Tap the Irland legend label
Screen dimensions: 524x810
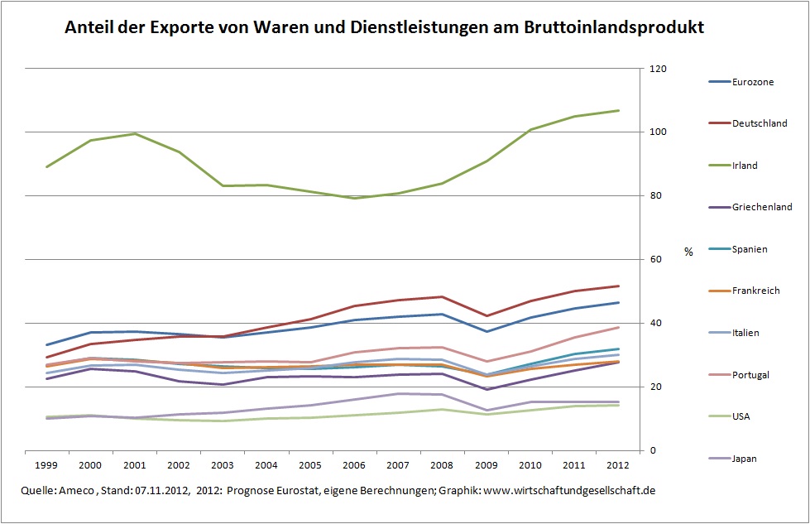point(745,166)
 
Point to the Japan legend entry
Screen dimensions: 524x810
point(745,458)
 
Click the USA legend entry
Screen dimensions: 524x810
point(741,416)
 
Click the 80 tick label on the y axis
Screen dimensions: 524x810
point(656,196)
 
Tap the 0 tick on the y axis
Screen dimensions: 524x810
point(653,450)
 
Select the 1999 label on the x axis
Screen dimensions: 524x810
point(46,464)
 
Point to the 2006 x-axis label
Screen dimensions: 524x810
point(353,464)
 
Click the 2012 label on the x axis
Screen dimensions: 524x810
point(617,464)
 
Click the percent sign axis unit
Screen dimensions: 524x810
point(688,252)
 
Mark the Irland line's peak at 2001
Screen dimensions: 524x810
point(134,133)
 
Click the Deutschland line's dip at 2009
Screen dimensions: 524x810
point(486,315)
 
